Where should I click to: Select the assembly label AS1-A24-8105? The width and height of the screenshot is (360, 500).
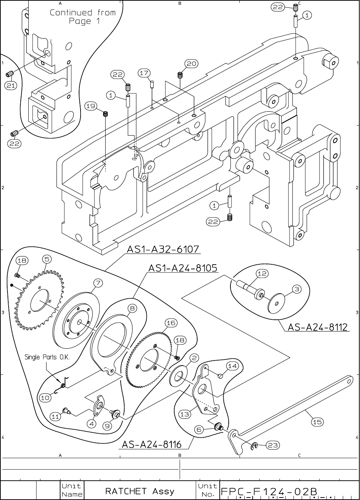(x=183, y=268)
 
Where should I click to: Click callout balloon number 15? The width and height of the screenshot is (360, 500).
(x=317, y=422)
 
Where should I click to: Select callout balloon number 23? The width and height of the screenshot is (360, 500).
(x=273, y=445)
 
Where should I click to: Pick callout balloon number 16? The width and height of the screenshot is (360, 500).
(x=170, y=323)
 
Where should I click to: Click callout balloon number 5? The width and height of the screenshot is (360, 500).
(x=47, y=258)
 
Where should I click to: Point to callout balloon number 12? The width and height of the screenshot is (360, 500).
(x=262, y=274)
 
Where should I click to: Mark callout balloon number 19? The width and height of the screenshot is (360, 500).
(x=91, y=106)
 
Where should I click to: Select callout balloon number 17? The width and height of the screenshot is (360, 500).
(x=144, y=73)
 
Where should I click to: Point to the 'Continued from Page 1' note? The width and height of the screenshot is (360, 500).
(x=83, y=17)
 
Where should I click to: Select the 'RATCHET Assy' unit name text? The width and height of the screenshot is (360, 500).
(x=140, y=491)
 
